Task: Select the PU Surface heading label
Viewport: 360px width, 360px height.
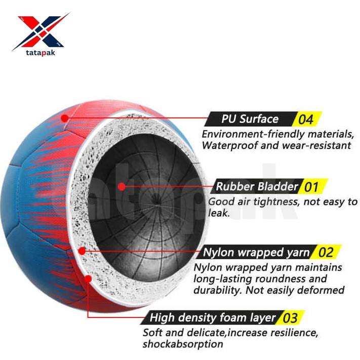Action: point(250,119)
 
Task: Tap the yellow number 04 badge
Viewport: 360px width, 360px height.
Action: point(306,120)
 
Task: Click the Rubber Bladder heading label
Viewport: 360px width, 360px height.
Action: point(257,186)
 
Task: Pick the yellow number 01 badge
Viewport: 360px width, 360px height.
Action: point(311,187)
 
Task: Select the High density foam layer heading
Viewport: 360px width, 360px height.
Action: point(213,318)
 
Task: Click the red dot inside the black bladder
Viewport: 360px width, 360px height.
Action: point(122,186)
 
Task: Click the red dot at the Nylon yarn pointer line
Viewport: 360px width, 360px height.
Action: point(82,251)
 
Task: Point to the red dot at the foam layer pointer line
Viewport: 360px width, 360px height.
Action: point(89,278)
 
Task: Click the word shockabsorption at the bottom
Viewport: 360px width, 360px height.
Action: point(183,344)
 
